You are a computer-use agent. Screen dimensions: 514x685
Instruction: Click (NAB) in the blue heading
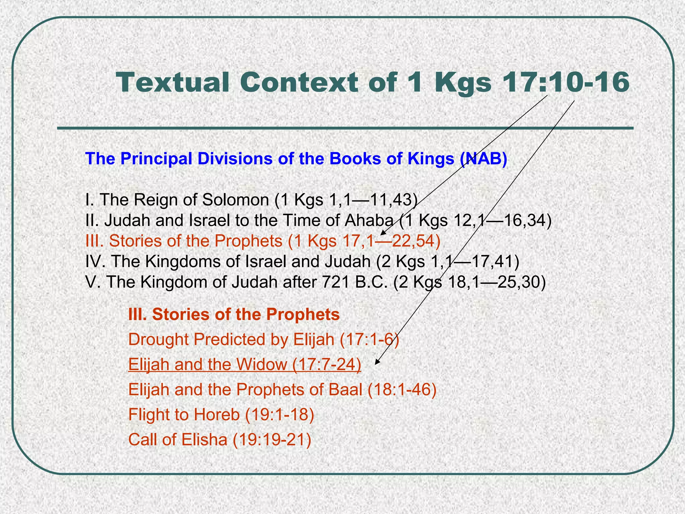[x=483, y=159]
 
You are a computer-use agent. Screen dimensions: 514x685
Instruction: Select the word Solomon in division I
[x=236, y=200]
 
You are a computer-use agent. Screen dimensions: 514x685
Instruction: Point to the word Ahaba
[x=369, y=220]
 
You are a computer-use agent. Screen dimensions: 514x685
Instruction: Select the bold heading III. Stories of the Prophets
[x=234, y=315]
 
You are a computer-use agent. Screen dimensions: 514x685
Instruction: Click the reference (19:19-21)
[x=271, y=439]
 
